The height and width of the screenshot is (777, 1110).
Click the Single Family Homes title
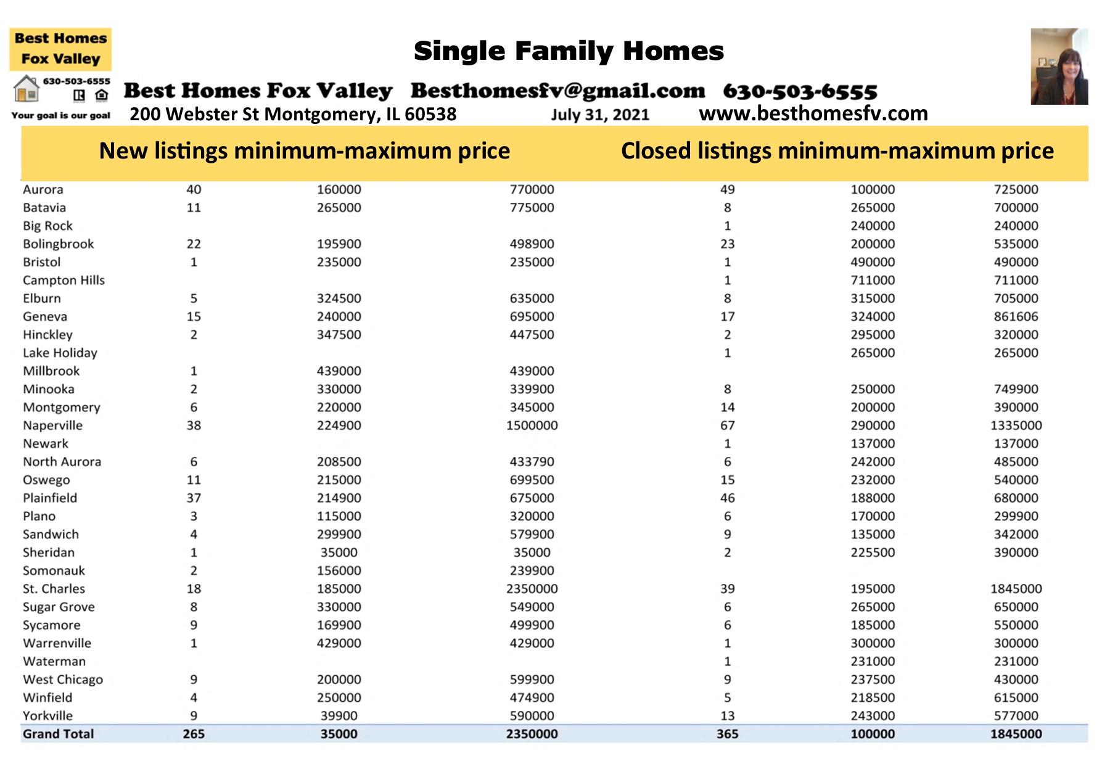569,51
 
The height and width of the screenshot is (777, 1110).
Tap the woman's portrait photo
1059,66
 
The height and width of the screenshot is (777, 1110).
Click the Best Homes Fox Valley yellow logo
60,49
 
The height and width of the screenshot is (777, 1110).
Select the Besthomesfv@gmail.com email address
557,91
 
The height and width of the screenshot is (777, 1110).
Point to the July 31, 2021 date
600,115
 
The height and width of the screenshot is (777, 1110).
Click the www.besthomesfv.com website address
813,113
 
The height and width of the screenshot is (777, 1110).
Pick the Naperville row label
52,425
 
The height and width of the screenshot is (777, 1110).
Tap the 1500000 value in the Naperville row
532,425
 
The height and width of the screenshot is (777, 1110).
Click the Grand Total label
58,734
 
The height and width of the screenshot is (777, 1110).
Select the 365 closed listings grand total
727,734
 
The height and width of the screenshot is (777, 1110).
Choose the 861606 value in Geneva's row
1016,316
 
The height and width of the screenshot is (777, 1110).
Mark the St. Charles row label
54,589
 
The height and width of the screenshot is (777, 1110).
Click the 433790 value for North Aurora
532,462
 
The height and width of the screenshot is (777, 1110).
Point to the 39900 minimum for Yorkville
339,716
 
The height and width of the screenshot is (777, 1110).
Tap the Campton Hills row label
64,281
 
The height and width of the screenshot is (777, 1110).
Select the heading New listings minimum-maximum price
305,151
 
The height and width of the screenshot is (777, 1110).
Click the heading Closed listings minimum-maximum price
837,151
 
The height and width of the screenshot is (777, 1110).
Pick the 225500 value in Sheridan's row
873,553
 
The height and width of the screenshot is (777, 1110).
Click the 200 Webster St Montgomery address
293,114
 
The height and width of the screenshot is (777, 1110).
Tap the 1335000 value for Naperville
1016,425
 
